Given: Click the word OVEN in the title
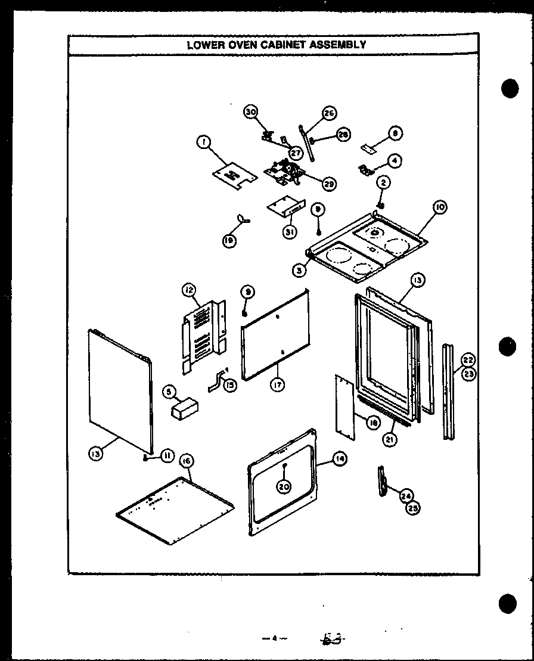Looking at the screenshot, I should click(x=241, y=44).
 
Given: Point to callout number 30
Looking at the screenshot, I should click(x=250, y=111).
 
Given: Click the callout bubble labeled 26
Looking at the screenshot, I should click(x=328, y=113).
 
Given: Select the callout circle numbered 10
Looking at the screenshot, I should click(x=440, y=207).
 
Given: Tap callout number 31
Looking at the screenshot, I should click(x=290, y=232).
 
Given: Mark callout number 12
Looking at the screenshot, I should click(x=189, y=290).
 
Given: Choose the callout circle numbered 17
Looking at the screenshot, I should click(x=277, y=385).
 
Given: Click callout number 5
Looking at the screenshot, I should click(x=170, y=392).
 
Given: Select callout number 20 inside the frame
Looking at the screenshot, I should click(x=284, y=486).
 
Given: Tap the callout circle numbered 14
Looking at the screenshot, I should click(x=340, y=458).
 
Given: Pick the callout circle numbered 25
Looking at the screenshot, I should click(x=412, y=508).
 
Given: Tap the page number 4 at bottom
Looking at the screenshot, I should click(x=273, y=640).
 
